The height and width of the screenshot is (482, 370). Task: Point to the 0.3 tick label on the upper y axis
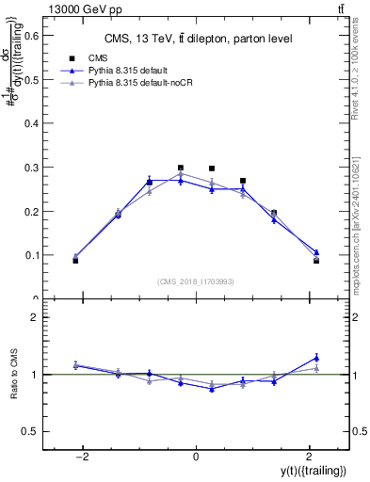coord(30,168)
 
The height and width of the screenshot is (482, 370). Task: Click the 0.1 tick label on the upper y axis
coord(30,255)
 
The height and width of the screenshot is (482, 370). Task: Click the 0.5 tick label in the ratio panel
coord(30,431)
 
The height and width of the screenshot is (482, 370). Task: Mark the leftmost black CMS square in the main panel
coord(75,260)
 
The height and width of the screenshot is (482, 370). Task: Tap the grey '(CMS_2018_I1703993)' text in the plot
coord(196,281)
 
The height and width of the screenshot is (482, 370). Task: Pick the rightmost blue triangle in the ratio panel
coord(316,358)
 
